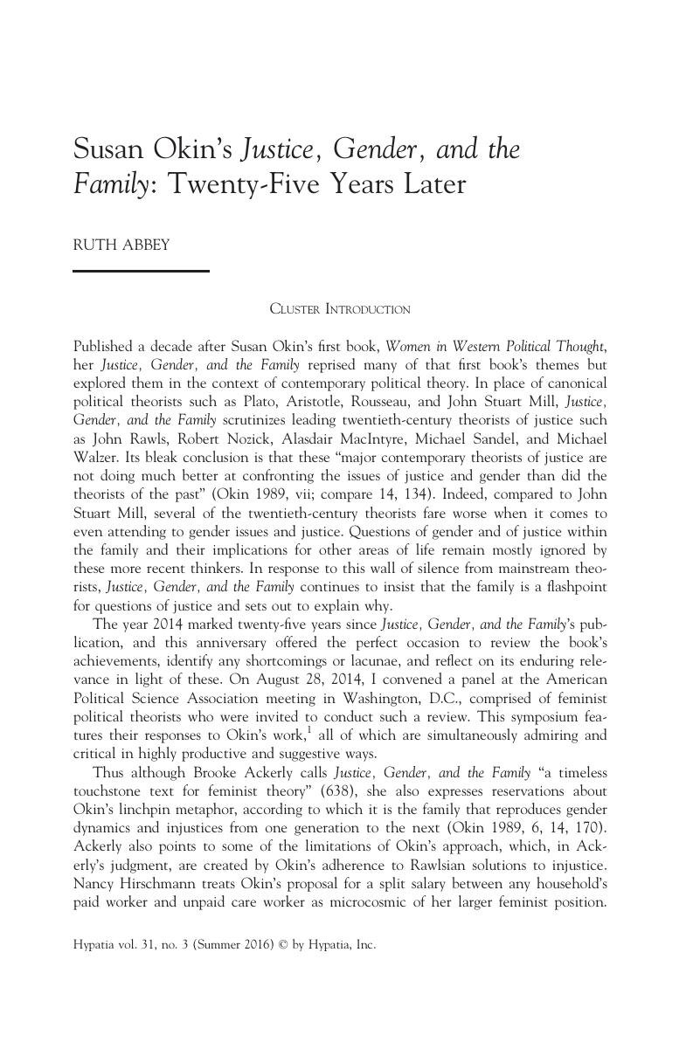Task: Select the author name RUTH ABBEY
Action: (121, 245)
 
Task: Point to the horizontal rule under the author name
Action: (141, 272)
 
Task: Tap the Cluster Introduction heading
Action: (340, 309)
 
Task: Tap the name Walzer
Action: (95, 457)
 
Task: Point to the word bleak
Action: (159, 457)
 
